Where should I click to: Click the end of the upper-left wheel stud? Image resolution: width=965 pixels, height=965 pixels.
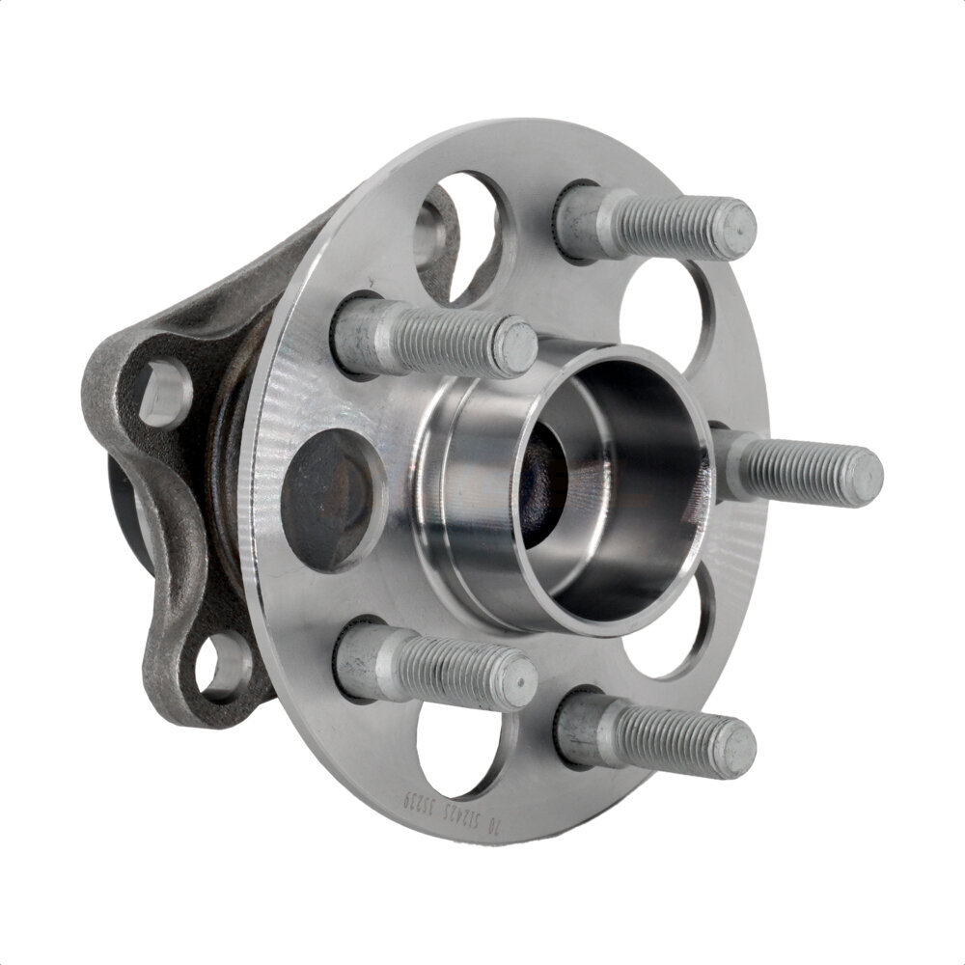pyautogui.click(x=517, y=347)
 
